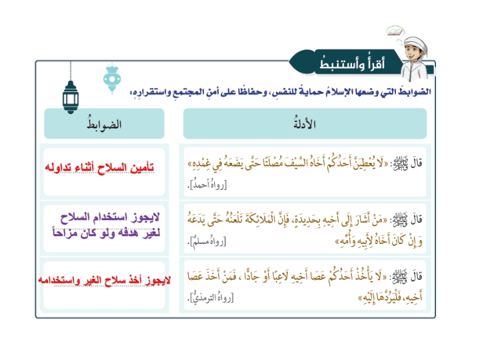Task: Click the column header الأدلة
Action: (x=305, y=124)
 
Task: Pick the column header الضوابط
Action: (x=104, y=124)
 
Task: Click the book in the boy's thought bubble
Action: (x=395, y=31)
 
